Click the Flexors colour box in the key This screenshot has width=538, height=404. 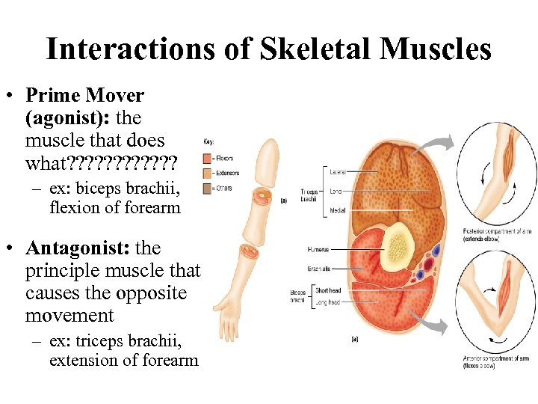pyautogui.click(x=207, y=158)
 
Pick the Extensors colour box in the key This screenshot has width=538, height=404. pyautogui.click(x=207, y=173)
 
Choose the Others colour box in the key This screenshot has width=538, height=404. pyautogui.click(x=207, y=187)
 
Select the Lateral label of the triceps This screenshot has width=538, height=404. pyautogui.click(x=338, y=172)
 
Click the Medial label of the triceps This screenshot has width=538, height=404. pyautogui.click(x=338, y=211)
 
